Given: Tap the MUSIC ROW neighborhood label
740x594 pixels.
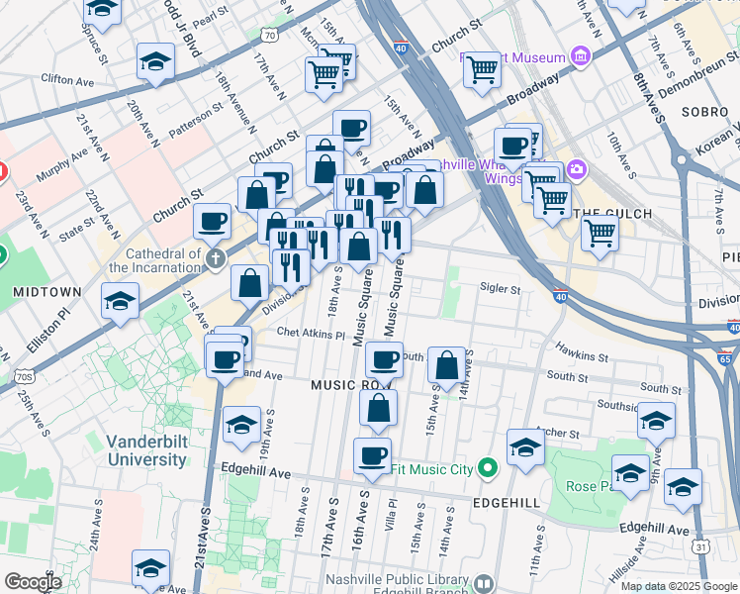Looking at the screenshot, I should [x=351, y=384].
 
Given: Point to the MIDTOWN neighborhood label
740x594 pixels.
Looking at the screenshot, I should [x=46, y=292].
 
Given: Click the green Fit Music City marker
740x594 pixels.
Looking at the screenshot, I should [x=487, y=467].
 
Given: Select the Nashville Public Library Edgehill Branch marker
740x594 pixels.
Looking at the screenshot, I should [x=483, y=584].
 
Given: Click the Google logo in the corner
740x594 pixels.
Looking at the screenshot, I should [x=32, y=582].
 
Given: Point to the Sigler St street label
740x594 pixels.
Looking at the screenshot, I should [x=501, y=290].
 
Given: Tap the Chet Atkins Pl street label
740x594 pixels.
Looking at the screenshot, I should [x=312, y=334].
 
